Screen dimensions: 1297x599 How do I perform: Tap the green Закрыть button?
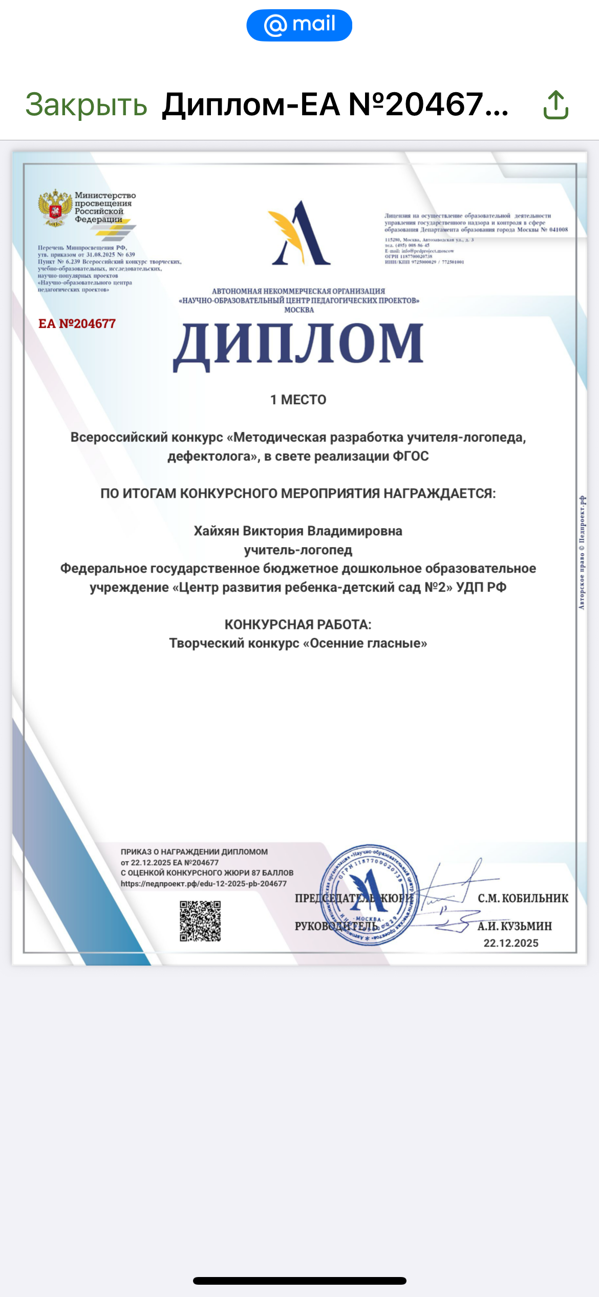86,105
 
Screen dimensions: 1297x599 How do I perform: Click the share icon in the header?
555,105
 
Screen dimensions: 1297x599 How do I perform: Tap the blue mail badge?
299,25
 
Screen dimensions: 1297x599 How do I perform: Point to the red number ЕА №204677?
77,324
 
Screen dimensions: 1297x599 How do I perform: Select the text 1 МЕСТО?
298,400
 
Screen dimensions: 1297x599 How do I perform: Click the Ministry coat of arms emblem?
55,207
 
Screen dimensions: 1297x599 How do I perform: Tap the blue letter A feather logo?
299,234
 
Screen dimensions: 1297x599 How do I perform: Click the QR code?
200,921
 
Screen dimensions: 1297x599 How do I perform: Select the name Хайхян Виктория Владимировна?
298,531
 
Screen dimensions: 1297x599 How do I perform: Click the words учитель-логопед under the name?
298,550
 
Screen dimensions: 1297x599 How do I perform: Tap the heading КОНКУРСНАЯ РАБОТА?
298,624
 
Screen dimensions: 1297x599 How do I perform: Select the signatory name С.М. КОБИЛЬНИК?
523,898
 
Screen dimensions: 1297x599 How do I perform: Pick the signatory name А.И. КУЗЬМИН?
515,926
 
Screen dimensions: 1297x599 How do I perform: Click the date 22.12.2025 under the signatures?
511,943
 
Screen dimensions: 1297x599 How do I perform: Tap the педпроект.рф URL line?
204,884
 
